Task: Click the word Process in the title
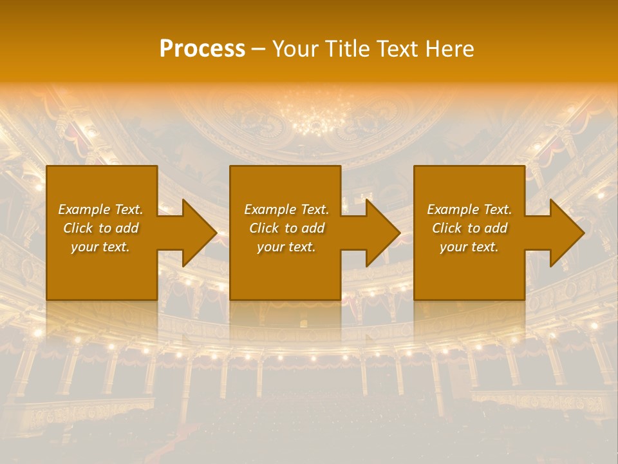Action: pyautogui.click(x=202, y=49)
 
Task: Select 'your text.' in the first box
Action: pyautogui.click(x=100, y=247)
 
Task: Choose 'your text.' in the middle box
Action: pyautogui.click(x=286, y=247)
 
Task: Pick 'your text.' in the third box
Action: pyautogui.click(x=469, y=247)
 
